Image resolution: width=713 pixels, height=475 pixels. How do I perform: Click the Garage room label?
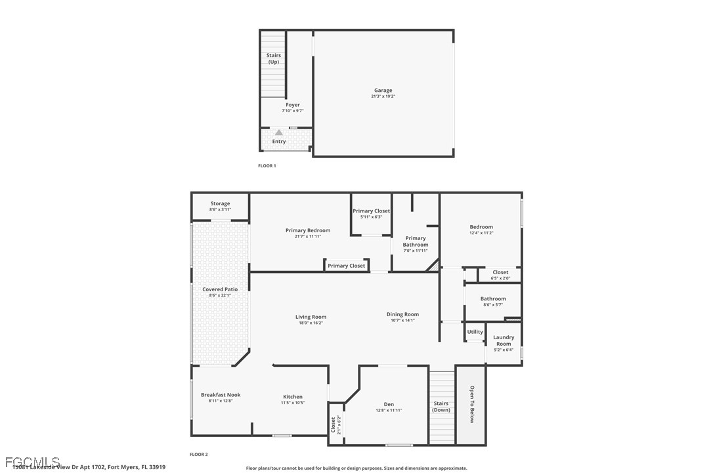[383, 91]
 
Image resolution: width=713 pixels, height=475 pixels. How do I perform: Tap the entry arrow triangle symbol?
[279, 133]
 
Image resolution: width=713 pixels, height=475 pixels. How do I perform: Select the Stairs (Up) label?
[274, 58]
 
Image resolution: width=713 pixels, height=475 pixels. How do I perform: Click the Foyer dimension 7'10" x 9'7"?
[293, 111]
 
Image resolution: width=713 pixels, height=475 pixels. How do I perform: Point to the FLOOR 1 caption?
[267, 166]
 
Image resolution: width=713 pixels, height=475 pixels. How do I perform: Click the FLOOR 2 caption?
[198, 454]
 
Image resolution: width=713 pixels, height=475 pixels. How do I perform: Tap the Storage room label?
[220, 203]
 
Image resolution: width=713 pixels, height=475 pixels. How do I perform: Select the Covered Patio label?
[220, 289]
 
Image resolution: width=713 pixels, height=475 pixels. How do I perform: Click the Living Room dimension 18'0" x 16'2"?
[311, 323]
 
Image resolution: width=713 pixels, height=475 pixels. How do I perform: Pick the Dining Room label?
[402, 314]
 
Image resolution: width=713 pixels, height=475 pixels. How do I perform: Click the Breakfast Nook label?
[221, 395]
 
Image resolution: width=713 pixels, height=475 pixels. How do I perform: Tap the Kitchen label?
[293, 396]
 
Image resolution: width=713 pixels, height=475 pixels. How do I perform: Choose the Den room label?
[389, 404]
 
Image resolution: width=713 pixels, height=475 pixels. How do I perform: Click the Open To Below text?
[471, 403]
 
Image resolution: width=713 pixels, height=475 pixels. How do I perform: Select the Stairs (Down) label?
[441, 407]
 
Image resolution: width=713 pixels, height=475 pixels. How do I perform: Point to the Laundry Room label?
[504, 341]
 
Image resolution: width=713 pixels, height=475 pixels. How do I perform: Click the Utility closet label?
[475, 332]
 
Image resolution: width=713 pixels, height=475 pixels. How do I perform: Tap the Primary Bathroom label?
[416, 241]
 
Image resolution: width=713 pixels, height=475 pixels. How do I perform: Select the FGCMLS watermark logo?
[32, 462]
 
